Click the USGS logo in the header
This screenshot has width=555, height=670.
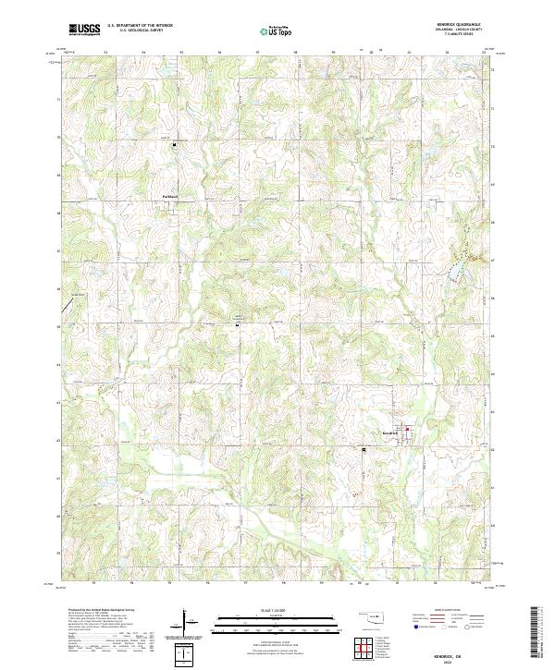point(86,30)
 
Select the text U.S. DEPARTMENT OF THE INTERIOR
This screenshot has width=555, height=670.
point(139,26)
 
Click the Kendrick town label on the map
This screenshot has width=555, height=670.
point(389,432)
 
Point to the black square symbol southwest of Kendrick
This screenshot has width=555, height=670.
point(364,450)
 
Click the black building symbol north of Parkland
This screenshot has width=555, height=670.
point(173,144)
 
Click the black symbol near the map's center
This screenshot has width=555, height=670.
point(238,324)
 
